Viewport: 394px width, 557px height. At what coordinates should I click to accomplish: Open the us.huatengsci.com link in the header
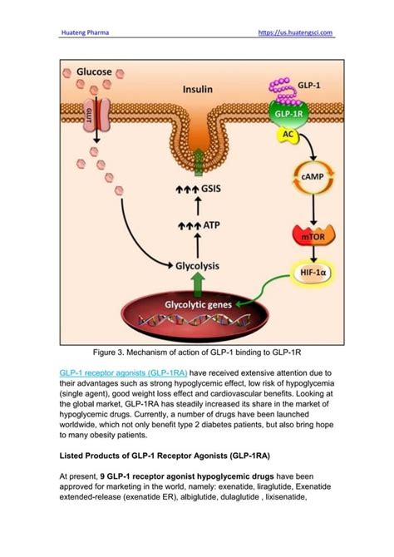coord(297,33)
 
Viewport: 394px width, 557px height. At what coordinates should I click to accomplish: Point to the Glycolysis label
coord(196,266)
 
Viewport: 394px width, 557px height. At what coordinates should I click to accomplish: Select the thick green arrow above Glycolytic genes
coord(197,284)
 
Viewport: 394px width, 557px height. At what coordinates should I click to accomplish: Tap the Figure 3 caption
coord(197,352)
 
